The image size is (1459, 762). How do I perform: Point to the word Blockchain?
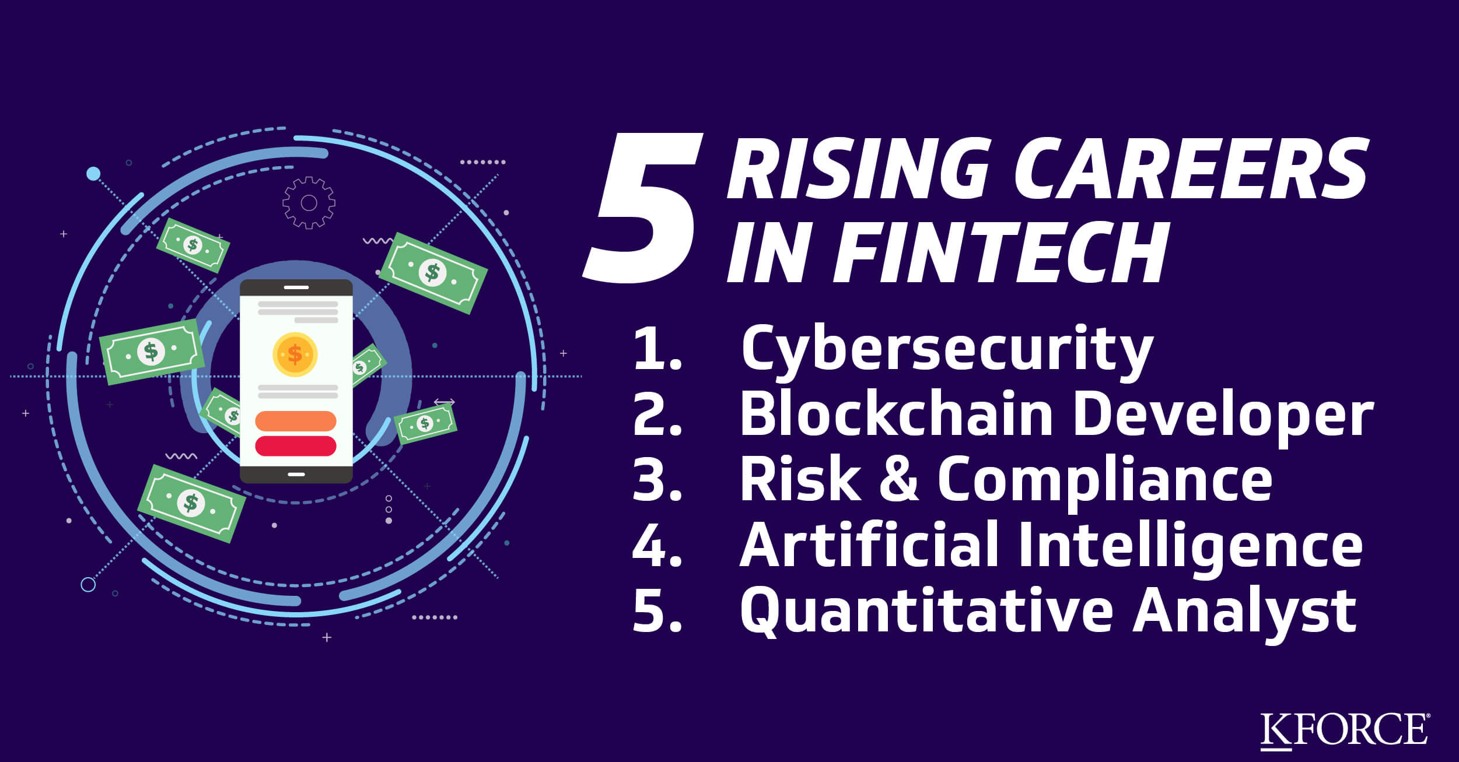896,415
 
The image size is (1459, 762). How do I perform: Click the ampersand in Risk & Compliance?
899,479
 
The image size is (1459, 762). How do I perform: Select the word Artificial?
869,546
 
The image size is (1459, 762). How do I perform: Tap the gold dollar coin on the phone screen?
295,354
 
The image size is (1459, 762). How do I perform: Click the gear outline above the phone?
309,203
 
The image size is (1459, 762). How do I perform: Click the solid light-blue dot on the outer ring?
93,174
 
